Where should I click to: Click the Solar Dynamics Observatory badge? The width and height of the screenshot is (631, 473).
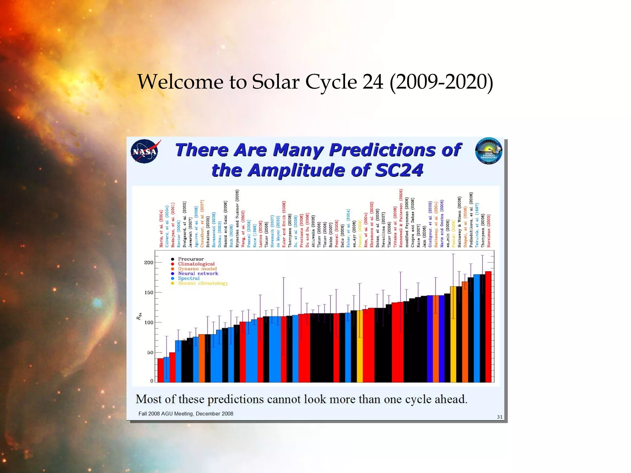point(489,151)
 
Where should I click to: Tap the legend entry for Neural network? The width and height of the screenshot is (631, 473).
point(198,273)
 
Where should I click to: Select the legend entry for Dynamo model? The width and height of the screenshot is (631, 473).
point(197,269)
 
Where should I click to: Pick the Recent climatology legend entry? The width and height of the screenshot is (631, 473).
point(202,283)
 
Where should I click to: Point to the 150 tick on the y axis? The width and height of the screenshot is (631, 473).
point(149,293)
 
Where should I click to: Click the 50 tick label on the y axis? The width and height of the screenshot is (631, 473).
point(150,352)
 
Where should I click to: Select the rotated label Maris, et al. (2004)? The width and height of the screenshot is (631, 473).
point(161,229)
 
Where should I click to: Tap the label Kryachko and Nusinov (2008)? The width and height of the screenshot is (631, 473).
point(237,218)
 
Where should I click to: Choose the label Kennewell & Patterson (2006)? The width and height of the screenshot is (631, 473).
point(401,218)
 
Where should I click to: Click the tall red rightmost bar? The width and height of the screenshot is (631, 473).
point(488,326)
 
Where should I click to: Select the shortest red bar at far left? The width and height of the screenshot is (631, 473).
point(161,370)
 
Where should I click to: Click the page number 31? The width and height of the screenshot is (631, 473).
point(499,417)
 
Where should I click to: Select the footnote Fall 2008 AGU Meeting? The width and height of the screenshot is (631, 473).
point(185,414)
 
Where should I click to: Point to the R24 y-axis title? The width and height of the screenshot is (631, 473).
point(139,316)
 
